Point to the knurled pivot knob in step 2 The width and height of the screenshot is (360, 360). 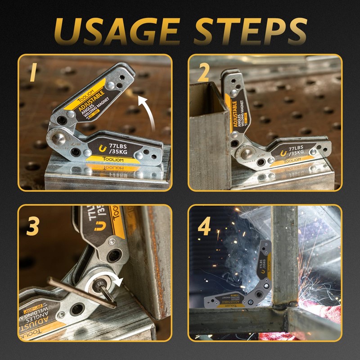[x=243, y=152]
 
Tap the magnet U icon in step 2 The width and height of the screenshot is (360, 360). [x=283, y=154]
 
